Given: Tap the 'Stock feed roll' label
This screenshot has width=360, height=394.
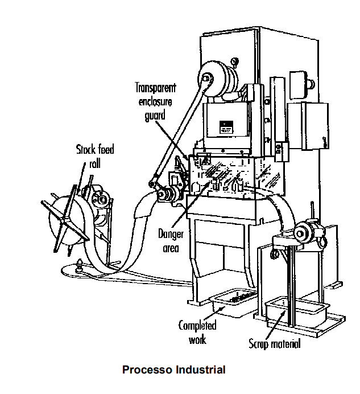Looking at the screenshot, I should coord(95,155).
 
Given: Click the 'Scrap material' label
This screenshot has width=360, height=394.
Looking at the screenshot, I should coord(275,344).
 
